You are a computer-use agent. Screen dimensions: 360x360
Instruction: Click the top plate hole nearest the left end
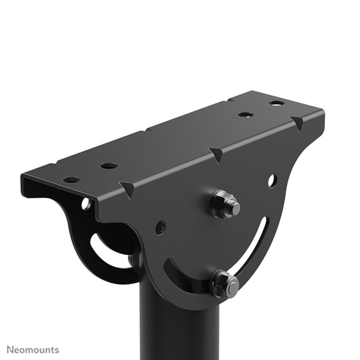(71, 179)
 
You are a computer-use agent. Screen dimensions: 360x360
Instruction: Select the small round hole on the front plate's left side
(160, 226)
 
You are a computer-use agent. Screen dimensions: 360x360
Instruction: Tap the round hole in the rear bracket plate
(85, 205)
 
